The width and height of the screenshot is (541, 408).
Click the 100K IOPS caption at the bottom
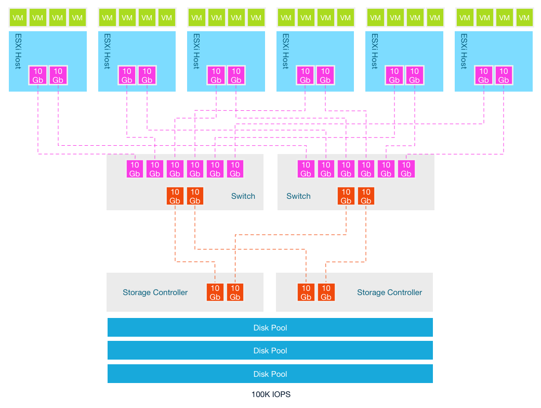271,394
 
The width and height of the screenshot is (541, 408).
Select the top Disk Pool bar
270,328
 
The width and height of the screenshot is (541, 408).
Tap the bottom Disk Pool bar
270,374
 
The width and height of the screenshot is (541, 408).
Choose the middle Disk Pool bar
270,351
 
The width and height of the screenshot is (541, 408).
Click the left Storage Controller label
155,292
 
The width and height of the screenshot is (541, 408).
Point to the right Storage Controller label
389,292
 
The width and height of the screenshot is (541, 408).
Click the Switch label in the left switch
243,196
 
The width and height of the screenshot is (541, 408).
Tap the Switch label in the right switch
298,196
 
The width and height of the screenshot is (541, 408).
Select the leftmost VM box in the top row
18,18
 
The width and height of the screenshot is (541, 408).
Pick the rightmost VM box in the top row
523,18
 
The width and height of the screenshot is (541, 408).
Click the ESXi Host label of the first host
17,52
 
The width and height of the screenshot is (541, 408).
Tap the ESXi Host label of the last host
464,52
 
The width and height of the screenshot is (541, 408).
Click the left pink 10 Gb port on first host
38,75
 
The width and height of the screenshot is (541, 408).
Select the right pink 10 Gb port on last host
504,75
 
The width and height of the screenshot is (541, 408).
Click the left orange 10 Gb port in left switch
175,196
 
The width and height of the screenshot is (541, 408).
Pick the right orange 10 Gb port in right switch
366,196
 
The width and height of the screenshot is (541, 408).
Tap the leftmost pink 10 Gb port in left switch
135,169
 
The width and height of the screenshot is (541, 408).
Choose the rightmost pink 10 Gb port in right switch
406,169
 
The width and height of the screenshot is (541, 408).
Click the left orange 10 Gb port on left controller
215,292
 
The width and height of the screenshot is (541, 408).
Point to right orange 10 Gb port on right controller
326,292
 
